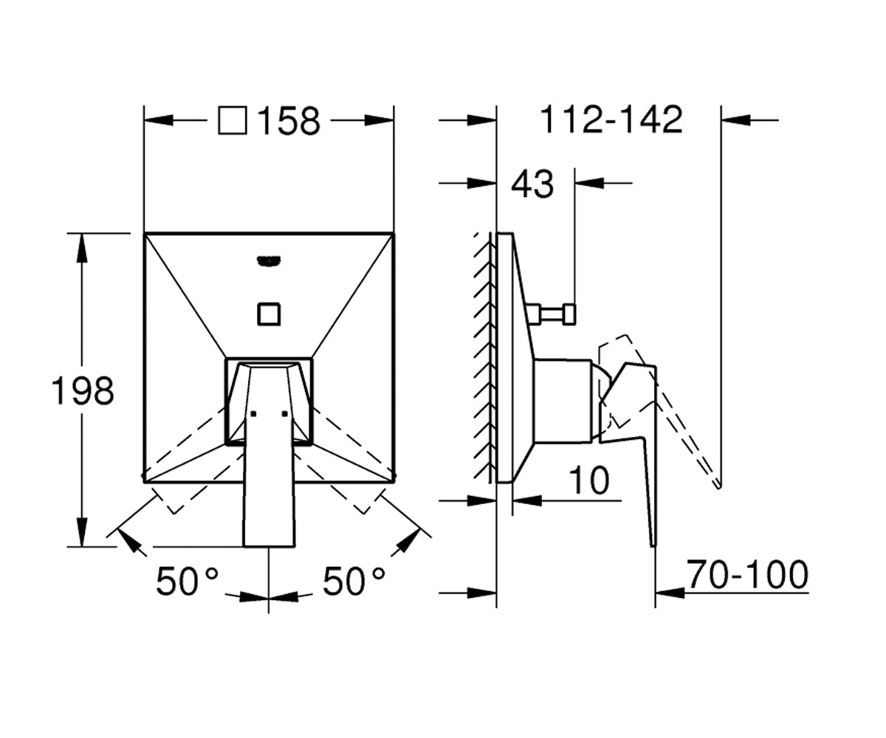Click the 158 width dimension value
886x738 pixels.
(289, 121)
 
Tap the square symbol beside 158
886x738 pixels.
(233, 121)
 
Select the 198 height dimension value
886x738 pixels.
(83, 390)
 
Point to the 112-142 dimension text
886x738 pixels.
(611, 120)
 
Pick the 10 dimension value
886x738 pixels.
(588, 480)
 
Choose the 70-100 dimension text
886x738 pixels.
(747, 575)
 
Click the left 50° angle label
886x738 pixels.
(187, 581)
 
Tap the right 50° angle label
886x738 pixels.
(354, 581)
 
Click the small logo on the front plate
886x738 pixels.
(269, 261)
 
